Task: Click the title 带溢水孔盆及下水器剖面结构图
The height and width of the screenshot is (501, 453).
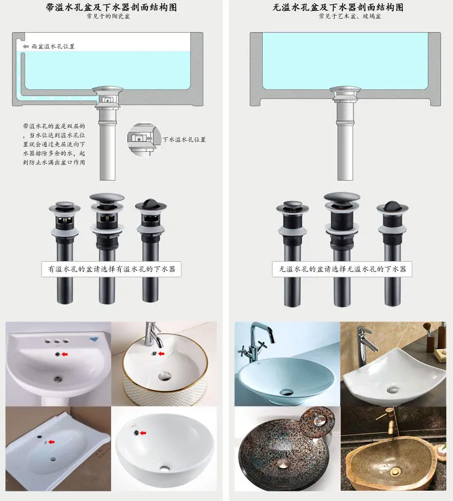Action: point(111,7)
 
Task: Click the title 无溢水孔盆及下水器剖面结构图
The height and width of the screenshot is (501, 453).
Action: point(338,7)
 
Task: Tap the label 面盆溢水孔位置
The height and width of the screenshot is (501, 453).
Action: point(53,47)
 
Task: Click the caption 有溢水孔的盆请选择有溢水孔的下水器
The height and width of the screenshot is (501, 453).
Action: point(112,269)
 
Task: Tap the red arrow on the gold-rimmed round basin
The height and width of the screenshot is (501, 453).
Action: point(161,354)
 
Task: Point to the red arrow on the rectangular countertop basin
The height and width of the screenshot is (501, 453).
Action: point(51,442)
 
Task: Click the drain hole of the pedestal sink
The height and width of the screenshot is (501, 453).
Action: point(57,379)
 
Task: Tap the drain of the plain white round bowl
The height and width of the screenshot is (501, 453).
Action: point(165,468)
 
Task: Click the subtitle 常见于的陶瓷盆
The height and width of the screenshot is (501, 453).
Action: point(111,16)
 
